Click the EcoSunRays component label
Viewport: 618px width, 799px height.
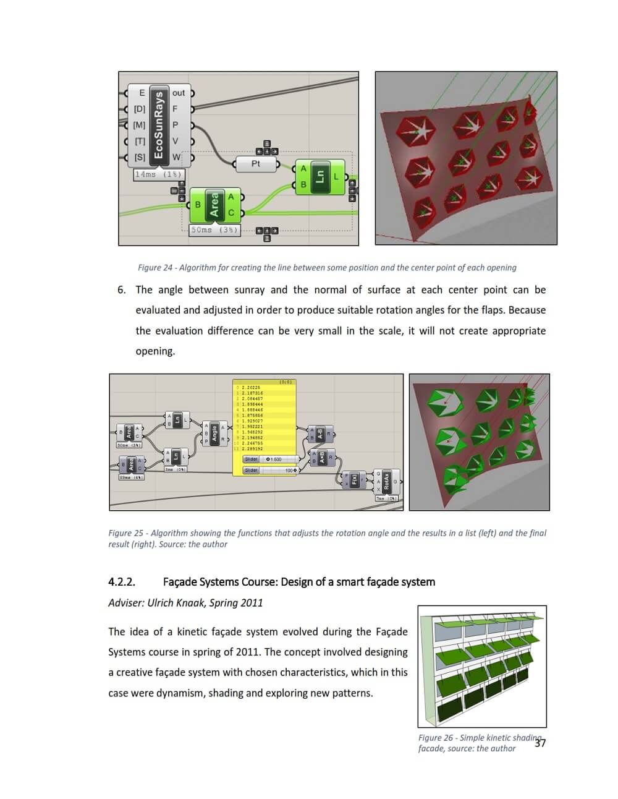(159, 124)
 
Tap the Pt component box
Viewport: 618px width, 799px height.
(256, 164)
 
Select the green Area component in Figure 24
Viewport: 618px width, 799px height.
(214, 205)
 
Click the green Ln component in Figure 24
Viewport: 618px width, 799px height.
(320, 176)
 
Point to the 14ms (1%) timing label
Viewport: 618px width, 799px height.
(158, 174)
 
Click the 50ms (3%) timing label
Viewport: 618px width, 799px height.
(214, 229)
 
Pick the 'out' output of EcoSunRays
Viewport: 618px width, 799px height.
(179, 93)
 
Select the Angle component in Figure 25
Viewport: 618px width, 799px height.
(214, 432)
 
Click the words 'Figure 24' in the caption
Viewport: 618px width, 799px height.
(154, 268)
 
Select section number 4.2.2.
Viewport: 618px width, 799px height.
(122, 582)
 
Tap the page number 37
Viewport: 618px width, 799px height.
(540, 743)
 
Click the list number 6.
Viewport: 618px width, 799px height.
(121, 290)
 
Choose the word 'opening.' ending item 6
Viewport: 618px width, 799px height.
(155, 351)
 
